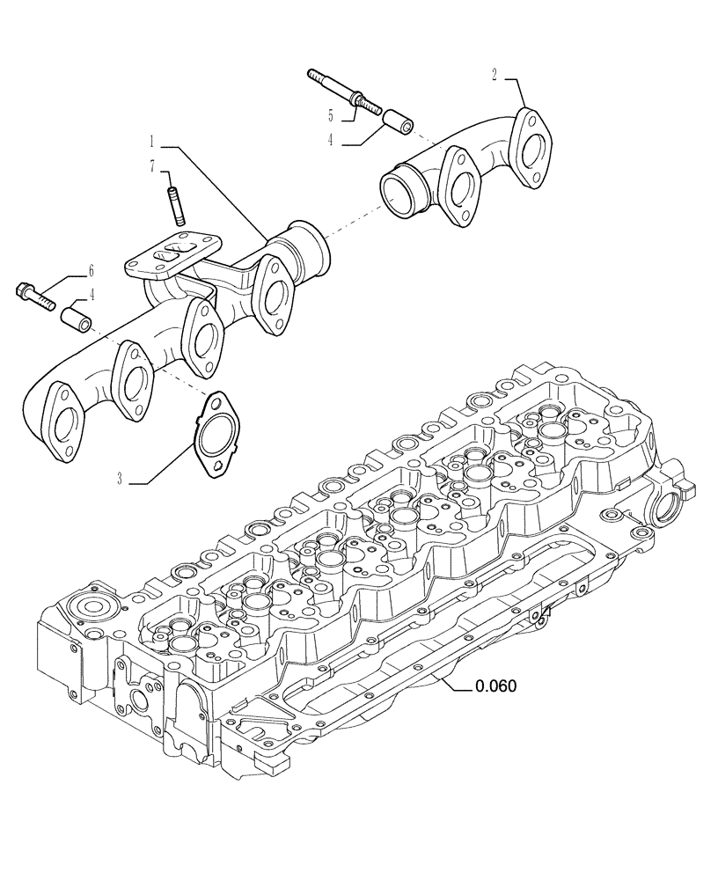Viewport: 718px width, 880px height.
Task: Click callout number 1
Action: [x=152, y=141]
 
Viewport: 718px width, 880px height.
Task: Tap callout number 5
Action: [x=330, y=115]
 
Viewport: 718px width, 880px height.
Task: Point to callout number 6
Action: [x=91, y=271]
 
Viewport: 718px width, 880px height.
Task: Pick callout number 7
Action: [x=152, y=165]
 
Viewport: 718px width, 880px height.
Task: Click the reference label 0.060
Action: [x=495, y=686]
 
